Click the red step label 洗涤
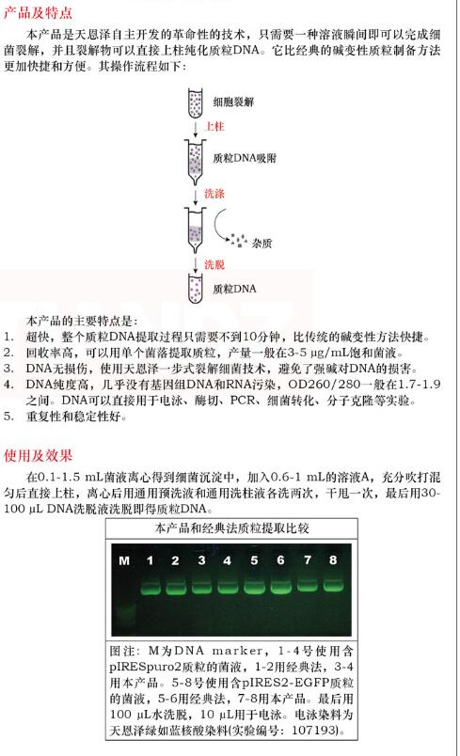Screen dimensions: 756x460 (x=214, y=195)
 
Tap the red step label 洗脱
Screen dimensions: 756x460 (x=214, y=264)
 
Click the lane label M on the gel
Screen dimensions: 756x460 (x=123, y=561)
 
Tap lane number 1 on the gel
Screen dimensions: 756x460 (x=150, y=560)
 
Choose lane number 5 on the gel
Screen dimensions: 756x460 (x=254, y=560)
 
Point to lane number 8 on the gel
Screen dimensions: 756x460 (x=333, y=559)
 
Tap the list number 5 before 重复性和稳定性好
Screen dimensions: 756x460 (x=8, y=416)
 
